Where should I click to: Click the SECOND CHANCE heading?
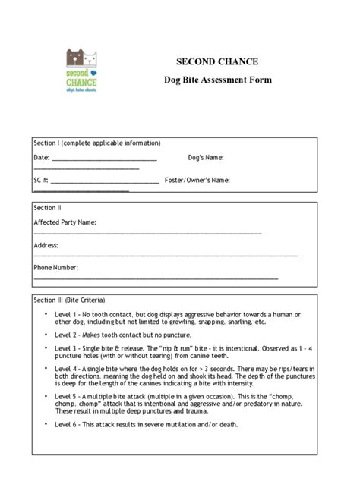tap(217, 61)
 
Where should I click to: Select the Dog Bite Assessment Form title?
tap(217, 80)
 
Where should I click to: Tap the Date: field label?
tap(41, 158)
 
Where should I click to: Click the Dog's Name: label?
tap(206, 158)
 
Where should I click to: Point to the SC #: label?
tap(41, 181)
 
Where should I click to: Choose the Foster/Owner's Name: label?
tap(197, 181)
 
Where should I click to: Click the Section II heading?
tap(47, 207)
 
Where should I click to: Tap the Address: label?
tap(46, 246)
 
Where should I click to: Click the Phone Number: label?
tap(55, 268)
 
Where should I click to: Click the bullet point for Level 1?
tap(46, 313)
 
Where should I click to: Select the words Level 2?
tap(66, 335)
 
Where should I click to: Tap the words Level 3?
tap(66, 347)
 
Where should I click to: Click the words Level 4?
tap(66, 368)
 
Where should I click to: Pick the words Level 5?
tap(66, 396)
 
